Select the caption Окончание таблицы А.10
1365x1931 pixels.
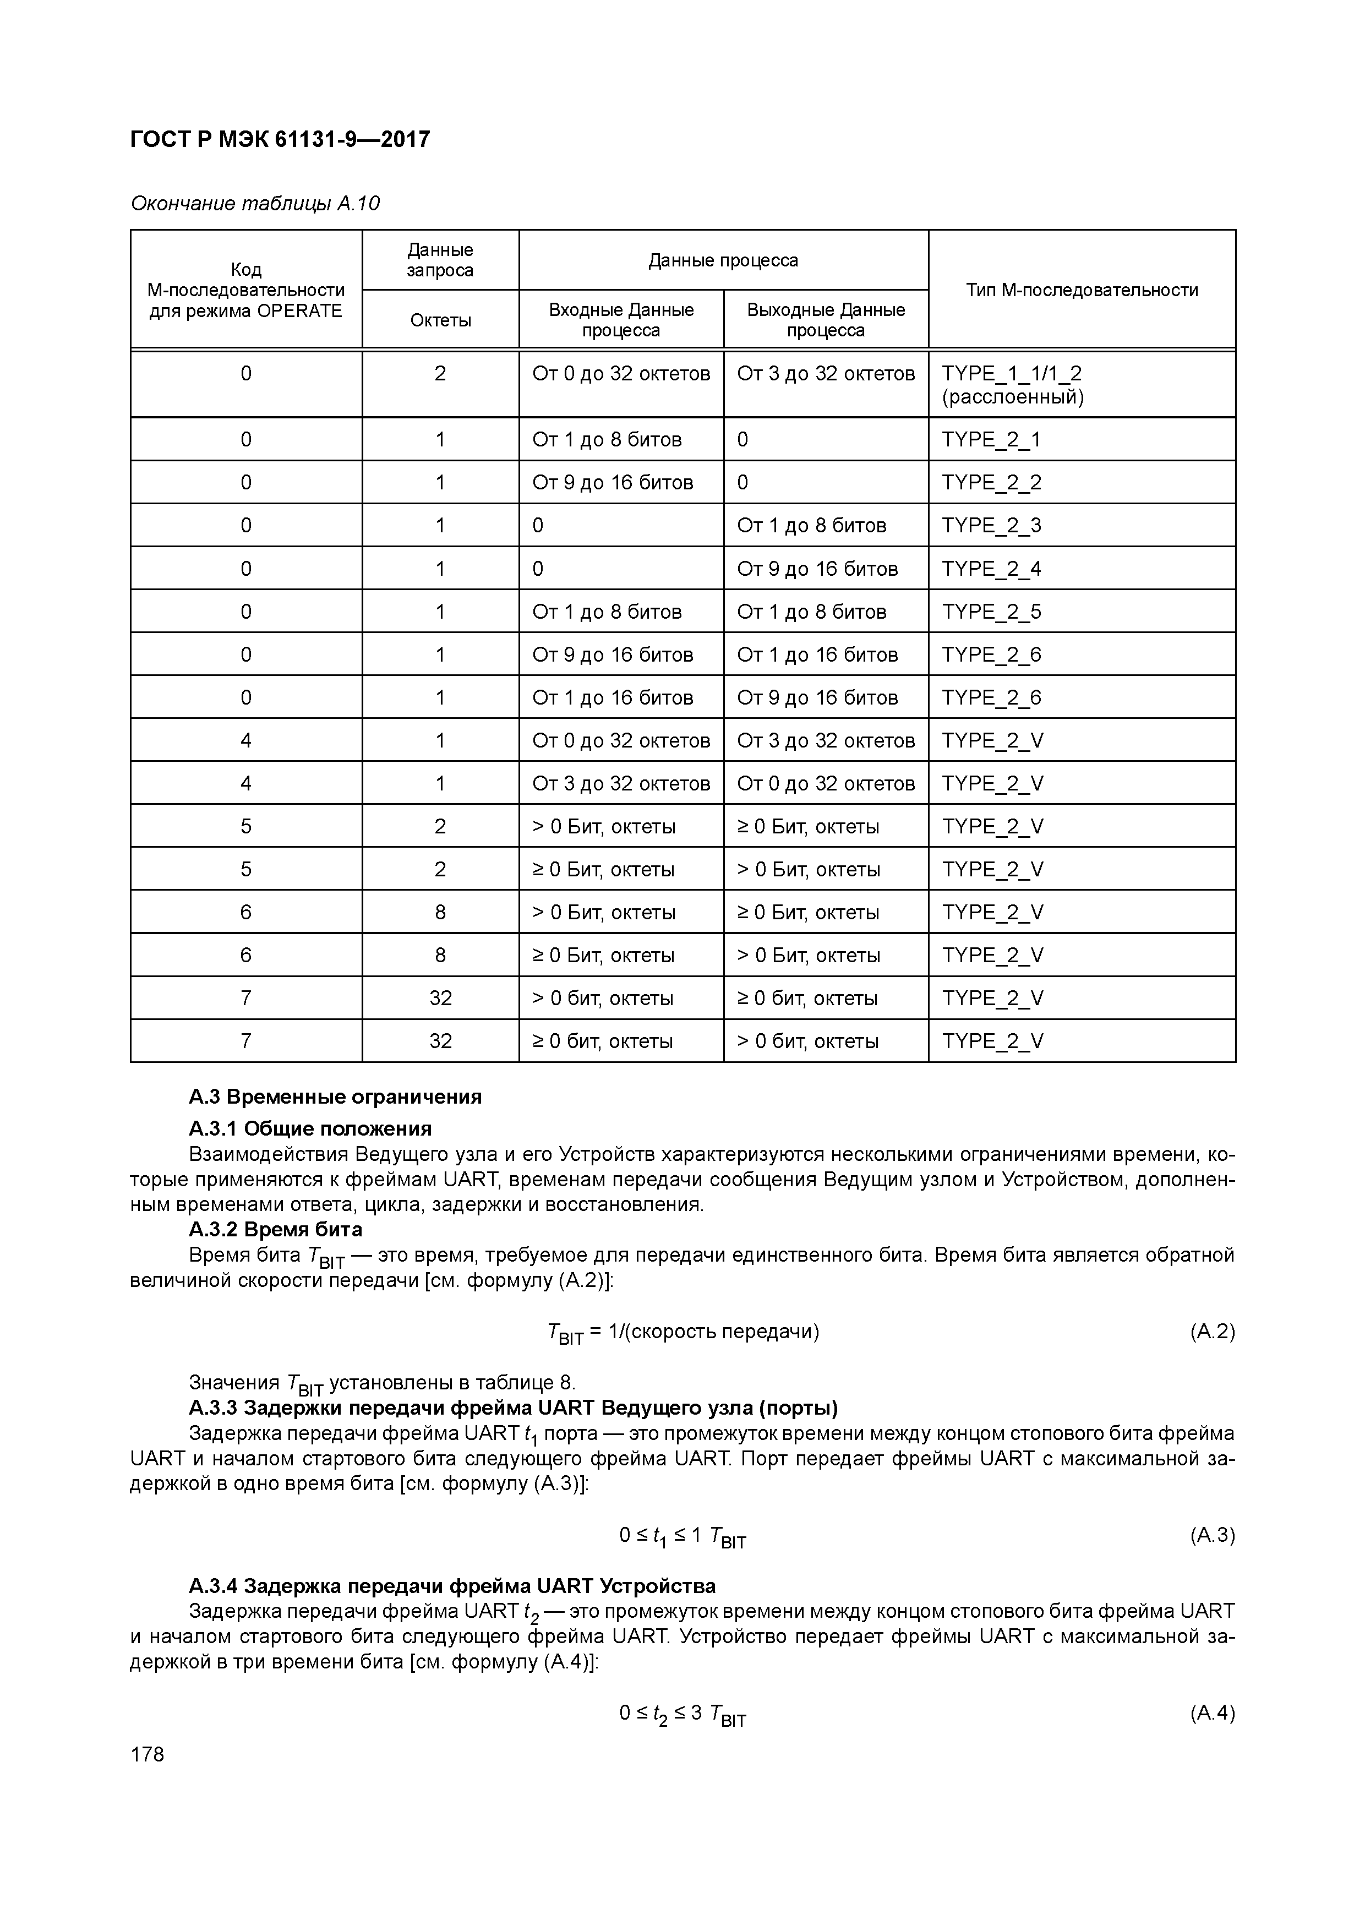255,204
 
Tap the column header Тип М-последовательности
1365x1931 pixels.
1082,290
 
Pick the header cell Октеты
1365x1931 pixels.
440,320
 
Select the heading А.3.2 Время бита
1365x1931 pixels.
276,1230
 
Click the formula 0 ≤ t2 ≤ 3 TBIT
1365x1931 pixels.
682,1715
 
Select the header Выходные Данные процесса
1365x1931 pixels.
826,320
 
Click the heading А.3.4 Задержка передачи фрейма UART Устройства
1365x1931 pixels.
452,1586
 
